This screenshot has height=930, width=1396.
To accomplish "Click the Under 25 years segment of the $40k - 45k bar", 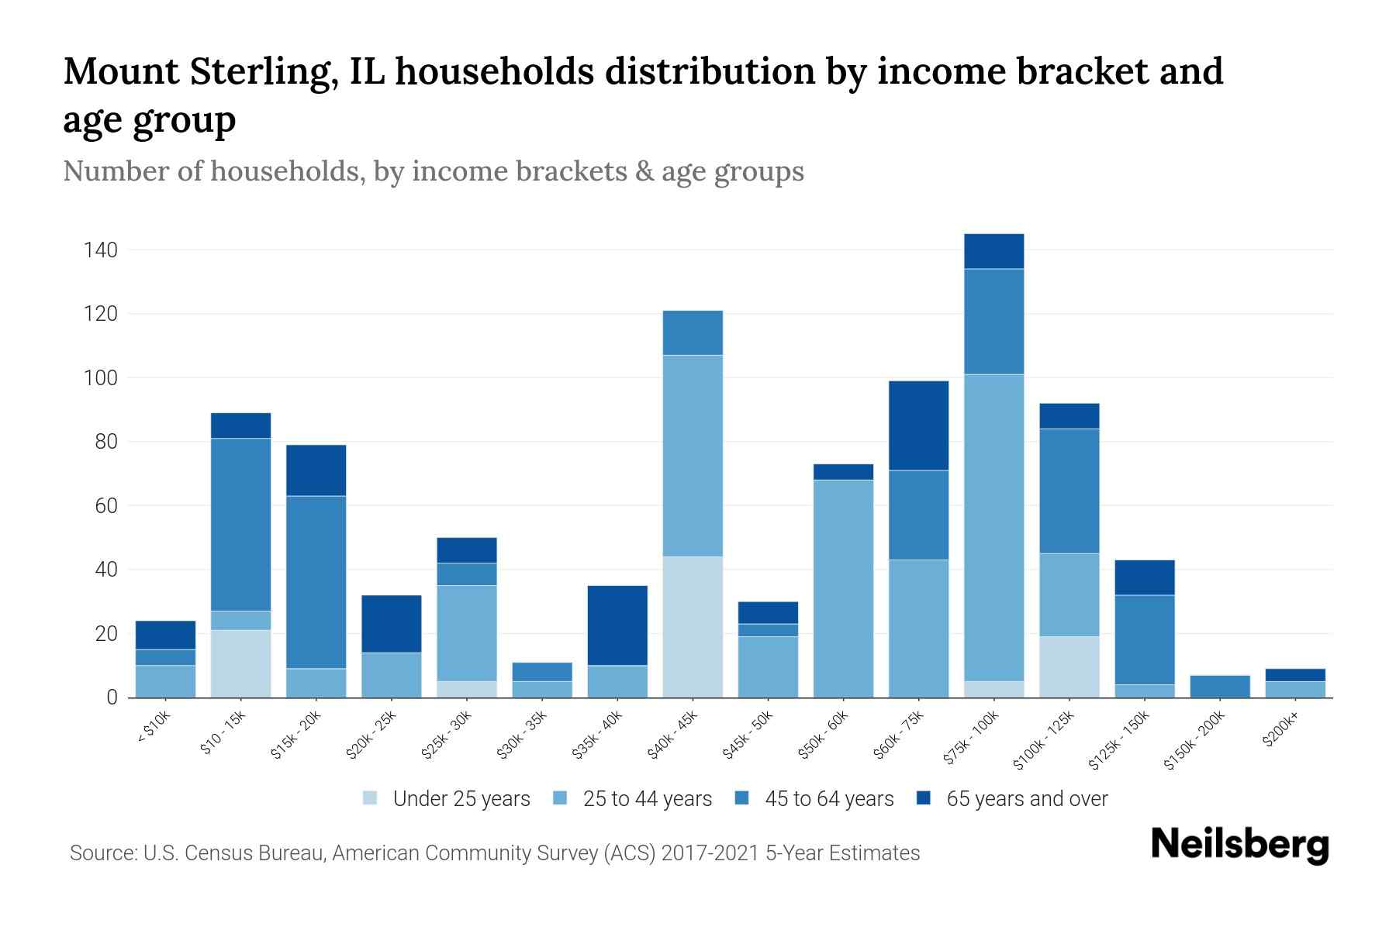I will (693, 626).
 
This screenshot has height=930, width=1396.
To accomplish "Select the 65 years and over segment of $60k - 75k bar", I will (918, 425).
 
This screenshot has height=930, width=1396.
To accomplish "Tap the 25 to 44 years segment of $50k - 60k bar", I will (843, 588).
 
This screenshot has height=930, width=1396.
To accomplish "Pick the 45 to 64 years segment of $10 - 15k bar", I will (241, 524).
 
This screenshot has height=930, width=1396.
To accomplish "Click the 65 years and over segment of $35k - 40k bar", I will (617, 625).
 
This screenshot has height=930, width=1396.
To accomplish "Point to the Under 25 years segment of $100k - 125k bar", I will (1069, 666).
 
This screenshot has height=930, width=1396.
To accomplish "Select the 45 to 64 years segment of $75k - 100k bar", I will (993, 321).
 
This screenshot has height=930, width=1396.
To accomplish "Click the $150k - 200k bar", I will (1219, 687).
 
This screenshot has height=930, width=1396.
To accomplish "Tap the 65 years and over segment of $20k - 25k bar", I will (392, 623).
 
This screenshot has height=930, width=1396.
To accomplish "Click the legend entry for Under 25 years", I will (447, 799).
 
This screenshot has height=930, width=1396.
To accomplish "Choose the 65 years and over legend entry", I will (1012, 799).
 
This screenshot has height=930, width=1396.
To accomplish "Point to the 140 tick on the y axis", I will (102, 250).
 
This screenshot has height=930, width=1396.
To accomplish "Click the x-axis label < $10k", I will (154, 728).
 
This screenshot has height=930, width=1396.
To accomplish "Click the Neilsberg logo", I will (1239, 845).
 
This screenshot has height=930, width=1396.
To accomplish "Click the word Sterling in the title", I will (261, 72).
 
